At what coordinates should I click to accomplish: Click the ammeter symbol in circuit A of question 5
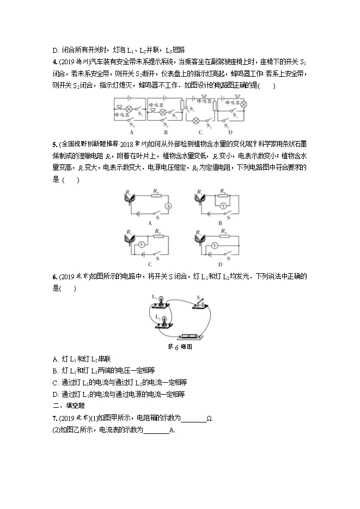coord(169,206)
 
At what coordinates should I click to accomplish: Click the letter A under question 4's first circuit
coord(131,132)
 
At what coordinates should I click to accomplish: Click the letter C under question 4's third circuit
coord(200,132)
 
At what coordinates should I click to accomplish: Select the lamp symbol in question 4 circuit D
coord(243,104)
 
